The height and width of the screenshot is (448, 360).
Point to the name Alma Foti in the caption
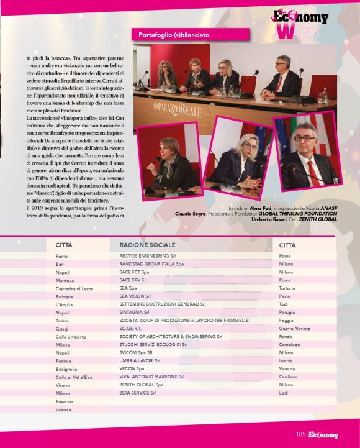click(256, 208)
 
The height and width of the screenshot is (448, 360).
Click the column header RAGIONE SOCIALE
click(143, 245)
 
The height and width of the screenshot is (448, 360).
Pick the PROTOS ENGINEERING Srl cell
click(147, 256)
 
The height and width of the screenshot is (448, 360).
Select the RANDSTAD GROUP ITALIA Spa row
click(151, 264)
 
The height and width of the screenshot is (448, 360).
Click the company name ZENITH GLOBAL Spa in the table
click(142, 385)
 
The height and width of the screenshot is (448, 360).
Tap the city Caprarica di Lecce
click(74, 288)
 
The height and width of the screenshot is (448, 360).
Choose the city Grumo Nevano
click(295, 328)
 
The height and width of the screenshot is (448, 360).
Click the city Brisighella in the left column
click(69, 368)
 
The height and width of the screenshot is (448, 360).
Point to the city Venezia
click(288, 368)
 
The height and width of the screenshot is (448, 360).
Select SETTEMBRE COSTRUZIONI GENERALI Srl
click(163, 304)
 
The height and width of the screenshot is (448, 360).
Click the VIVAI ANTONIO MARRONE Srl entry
click(151, 377)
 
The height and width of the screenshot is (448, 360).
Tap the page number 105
click(300, 435)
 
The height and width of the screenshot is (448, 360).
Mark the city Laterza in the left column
click(64, 409)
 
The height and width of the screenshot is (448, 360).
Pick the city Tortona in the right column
click(287, 288)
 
